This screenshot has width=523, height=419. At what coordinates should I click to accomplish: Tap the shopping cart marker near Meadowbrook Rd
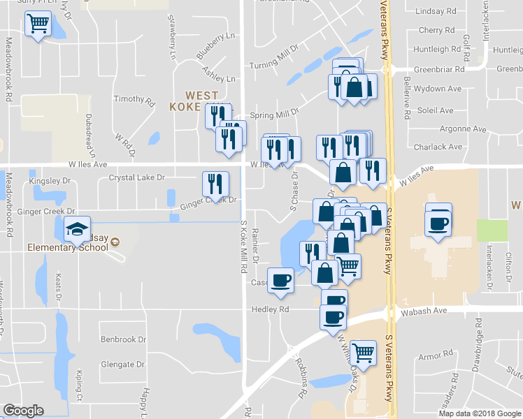38,24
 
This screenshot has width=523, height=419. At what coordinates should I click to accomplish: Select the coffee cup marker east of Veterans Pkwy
438,223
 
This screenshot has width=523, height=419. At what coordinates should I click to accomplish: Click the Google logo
23,411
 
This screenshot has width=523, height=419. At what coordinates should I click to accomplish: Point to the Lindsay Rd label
435,12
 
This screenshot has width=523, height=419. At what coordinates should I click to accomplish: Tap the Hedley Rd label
271,309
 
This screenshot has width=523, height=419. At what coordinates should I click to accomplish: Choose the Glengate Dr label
122,365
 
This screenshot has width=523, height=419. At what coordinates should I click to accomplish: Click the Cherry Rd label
436,31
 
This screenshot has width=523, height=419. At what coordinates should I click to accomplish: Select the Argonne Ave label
462,129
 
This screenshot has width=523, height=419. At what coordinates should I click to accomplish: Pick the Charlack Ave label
457,147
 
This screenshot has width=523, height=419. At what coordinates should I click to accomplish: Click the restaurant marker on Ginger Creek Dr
215,183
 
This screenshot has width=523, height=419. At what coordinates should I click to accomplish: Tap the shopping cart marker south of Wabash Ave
363,353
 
